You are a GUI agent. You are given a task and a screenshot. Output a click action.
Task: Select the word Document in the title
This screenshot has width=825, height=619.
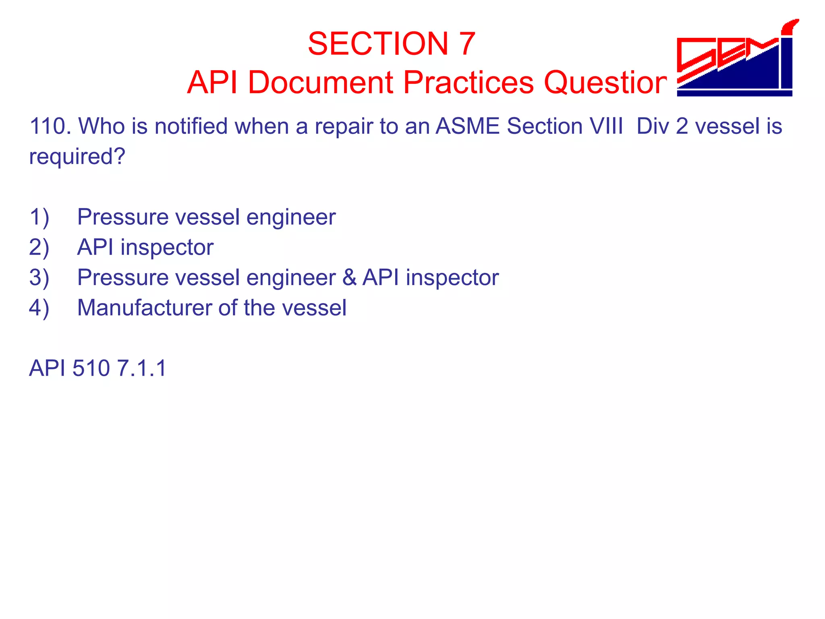pos(320,83)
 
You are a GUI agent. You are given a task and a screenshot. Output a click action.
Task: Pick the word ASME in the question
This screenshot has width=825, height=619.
pos(468,126)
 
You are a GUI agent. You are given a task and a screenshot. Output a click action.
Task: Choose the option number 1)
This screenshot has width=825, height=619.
pos(39,217)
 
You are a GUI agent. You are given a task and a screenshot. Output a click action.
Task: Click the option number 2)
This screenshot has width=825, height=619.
pos(39,247)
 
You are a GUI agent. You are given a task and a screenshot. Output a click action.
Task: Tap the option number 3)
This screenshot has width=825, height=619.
pos(39,278)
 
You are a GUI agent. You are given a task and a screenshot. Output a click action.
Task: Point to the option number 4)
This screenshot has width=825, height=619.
pos(39,308)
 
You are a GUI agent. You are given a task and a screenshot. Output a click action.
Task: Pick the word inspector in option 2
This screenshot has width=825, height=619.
pos(167,247)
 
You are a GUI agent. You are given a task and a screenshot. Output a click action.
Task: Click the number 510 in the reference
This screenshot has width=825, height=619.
pos(91,368)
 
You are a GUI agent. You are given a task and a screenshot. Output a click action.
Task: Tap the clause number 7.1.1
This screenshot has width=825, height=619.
pos(141,368)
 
